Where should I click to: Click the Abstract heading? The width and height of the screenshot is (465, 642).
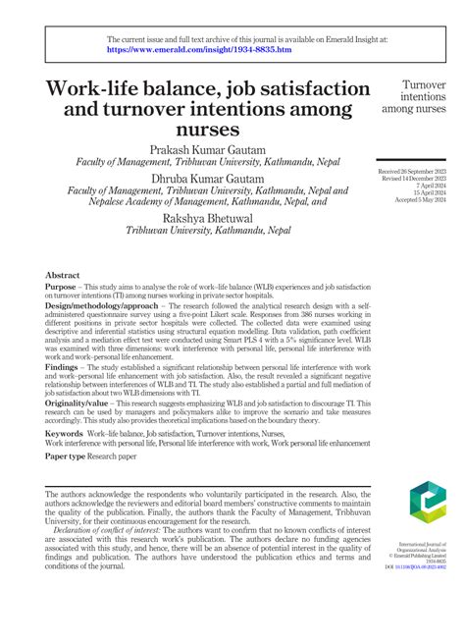63,277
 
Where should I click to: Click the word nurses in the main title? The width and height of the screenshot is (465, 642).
208,129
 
